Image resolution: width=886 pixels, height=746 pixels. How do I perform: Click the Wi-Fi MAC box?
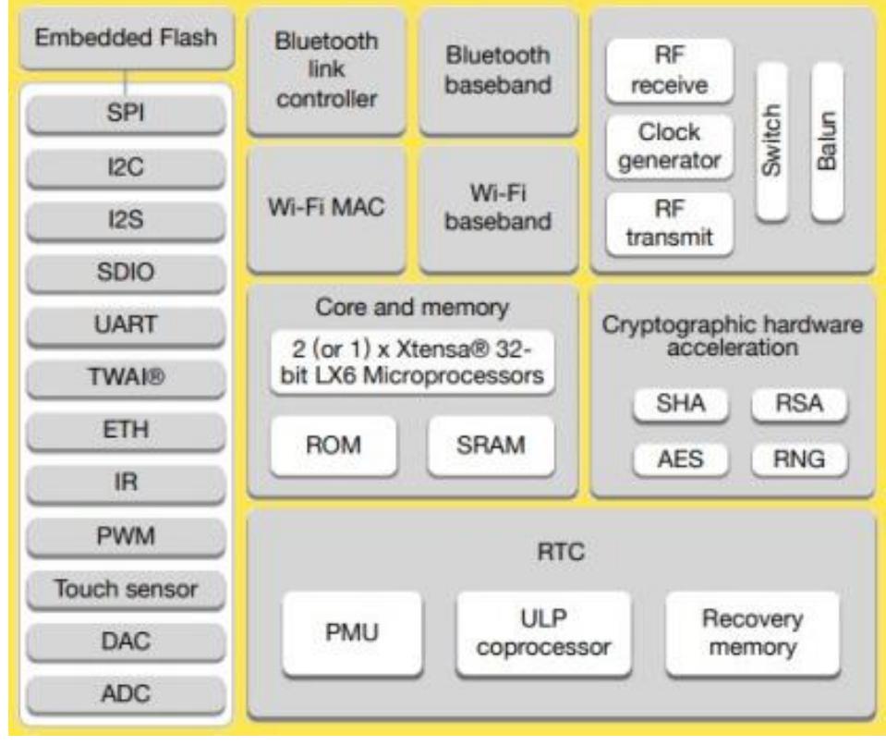coord(326,209)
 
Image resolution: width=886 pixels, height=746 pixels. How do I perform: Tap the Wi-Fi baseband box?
coord(498,209)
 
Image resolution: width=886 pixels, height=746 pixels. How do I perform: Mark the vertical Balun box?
coord(826,143)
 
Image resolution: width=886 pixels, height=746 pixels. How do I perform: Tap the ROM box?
coord(334,446)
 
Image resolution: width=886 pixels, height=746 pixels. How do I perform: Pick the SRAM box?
coord(491,446)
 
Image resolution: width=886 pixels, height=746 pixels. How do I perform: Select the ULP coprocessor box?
coord(543,634)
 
